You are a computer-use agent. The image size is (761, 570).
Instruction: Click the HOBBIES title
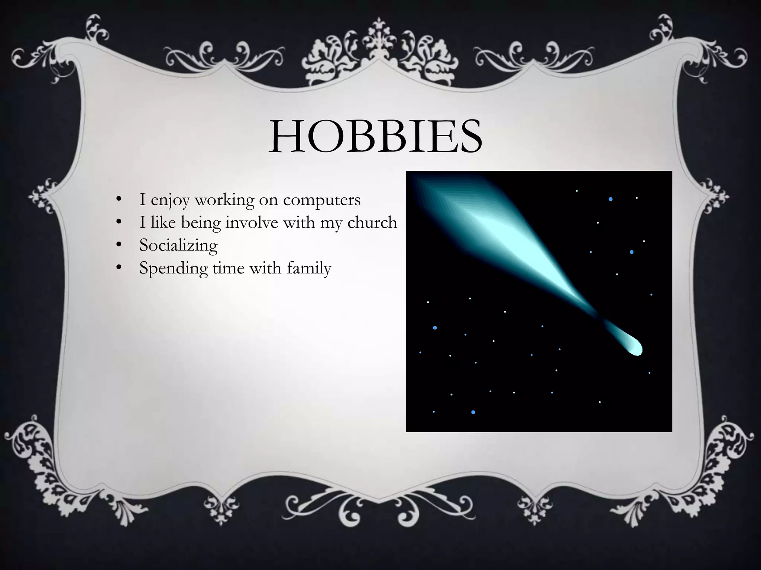[x=375, y=136]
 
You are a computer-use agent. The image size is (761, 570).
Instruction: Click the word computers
[x=322, y=200]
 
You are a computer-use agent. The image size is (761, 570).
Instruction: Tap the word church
[x=372, y=223]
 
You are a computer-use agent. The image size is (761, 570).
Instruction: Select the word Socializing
[x=178, y=246]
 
